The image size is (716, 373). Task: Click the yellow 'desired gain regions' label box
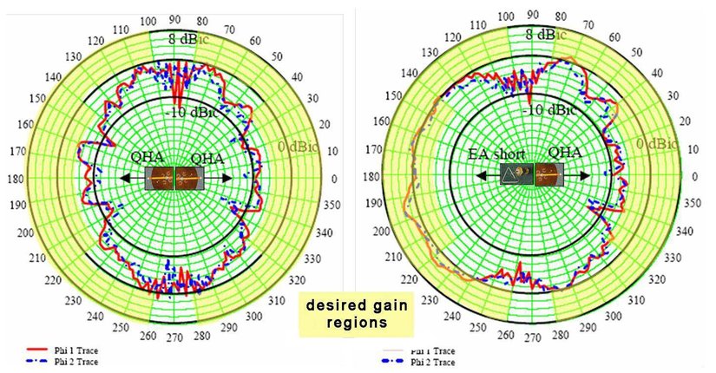point(356,313)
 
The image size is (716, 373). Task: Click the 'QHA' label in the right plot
point(565,153)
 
